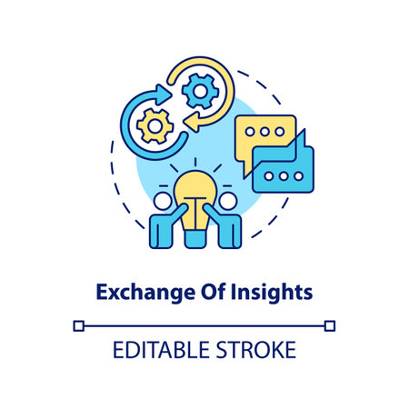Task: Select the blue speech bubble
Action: point(283,173)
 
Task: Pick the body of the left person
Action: point(165,229)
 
